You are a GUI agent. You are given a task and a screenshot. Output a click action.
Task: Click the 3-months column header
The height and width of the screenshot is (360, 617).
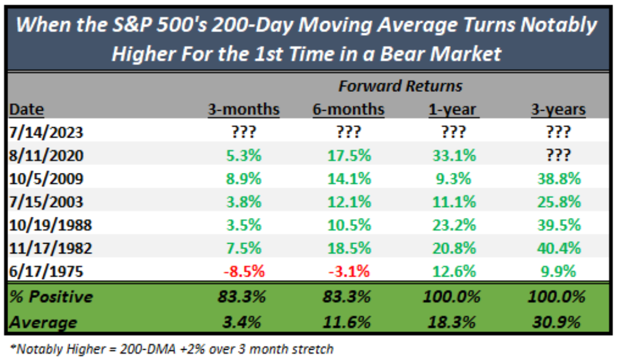(244, 109)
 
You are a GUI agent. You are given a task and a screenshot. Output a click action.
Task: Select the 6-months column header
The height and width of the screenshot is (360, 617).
(349, 109)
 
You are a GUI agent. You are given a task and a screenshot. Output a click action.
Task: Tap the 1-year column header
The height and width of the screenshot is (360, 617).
(453, 109)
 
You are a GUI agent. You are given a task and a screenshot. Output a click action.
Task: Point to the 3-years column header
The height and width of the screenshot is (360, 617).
(558, 109)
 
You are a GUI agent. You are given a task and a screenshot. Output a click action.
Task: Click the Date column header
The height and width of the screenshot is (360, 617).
(27, 109)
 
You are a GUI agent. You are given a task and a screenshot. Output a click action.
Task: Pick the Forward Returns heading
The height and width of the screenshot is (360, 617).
(400, 86)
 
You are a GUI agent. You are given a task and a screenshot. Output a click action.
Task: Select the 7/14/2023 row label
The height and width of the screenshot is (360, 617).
(47, 132)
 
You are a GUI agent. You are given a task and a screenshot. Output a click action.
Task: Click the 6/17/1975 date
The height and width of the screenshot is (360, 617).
(47, 270)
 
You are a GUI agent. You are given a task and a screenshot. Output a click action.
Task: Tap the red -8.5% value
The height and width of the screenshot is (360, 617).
(244, 270)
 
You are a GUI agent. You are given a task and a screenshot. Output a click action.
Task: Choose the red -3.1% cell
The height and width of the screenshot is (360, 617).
(349, 270)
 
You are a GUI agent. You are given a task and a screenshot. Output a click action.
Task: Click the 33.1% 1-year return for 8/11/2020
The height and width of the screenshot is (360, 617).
(453, 155)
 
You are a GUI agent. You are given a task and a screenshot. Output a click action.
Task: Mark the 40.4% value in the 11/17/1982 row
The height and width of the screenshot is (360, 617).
(558, 248)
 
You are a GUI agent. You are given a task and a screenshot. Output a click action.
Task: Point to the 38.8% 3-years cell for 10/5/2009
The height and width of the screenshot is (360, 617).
(558, 179)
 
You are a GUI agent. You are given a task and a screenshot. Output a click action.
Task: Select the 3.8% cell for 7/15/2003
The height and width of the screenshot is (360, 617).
(244, 201)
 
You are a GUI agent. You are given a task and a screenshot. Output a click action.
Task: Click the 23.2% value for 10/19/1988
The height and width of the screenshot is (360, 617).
(453, 225)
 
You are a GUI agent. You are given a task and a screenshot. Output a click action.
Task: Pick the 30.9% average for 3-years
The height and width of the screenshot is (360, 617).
(558, 322)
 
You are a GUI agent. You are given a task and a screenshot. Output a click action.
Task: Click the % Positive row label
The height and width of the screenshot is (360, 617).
(51, 297)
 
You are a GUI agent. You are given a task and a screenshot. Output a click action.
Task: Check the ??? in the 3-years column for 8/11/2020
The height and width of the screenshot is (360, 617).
(558, 155)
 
